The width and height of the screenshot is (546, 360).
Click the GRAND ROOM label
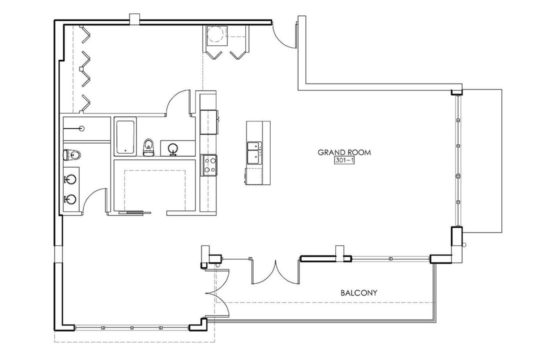click(344, 152)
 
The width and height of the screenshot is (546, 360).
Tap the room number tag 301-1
click(344, 160)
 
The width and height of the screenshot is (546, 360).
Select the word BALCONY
click(358, 293)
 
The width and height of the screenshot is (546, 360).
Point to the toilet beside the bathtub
click(148, 147)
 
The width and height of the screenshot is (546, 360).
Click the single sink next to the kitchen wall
click(172, 149)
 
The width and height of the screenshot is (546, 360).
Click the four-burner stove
click(209, 165)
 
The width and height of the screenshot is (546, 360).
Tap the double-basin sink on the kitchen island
click(253, 152)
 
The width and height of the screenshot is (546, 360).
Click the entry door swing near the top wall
click(283, 34)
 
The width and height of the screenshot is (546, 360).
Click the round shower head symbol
click(82, 128)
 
